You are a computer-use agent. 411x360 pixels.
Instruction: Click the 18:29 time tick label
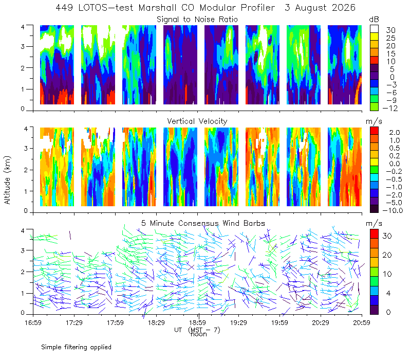[157, 322]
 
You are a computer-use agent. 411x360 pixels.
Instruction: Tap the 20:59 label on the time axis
[362, 322]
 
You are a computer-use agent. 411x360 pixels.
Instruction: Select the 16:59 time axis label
[33, 322]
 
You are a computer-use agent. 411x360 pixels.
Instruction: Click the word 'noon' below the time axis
[199, 334]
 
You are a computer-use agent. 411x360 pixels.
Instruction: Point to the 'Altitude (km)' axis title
[7, 180]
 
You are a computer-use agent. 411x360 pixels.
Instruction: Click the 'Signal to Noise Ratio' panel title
[197, 20]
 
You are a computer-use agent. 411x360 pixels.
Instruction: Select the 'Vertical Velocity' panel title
[197, 121]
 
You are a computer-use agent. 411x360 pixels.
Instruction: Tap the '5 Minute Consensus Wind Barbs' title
[203, 223]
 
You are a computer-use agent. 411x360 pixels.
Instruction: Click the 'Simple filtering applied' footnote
[76, 347]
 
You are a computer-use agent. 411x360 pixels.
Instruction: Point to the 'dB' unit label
[374, 20]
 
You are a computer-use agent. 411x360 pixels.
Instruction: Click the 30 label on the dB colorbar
[390, 30]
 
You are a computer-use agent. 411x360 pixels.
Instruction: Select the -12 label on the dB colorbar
[390, 108]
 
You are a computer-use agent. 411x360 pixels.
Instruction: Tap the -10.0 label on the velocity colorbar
[393, 210]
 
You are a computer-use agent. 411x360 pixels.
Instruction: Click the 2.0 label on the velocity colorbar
[395, 132]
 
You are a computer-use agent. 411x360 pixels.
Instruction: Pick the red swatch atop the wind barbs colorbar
[374, 234]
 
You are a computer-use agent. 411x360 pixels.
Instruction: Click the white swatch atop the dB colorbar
[374, 29]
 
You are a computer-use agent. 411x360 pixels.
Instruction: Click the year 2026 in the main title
[344, 8]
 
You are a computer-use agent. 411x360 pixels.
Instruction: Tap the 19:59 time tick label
[279, 322]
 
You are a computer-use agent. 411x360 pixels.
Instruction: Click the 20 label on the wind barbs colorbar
[387, 255]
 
